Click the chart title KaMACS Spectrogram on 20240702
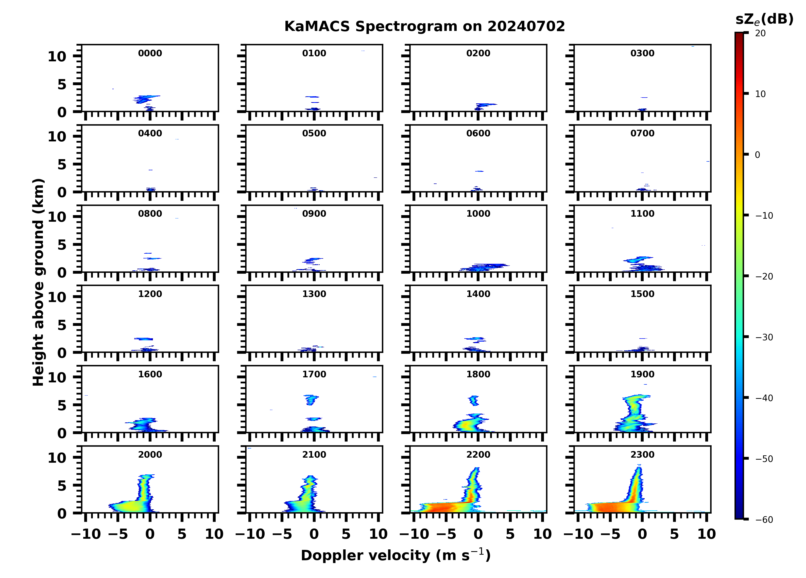(x=424, y=27)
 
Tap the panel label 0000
(x=150, y=53)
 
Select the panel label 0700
(x=642, y=134)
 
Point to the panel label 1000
(x=478, y=214)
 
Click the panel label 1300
(x=314, y=294)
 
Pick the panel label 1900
(x=642, y=374)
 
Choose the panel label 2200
(x=478, y=454)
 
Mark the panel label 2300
(x=642, y=454)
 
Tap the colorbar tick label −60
(x=764, y=520)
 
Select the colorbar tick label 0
(x=757, y=155)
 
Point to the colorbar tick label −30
(x=764, y=337)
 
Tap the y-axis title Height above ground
(x=38, y=282)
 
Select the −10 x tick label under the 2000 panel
(x=86, y=534)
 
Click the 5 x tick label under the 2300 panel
(x=674, y=534)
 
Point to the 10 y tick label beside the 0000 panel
(x=57, y=57)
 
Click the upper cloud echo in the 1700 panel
(x=311, y=399)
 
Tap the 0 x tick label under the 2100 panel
(x=314, y=534)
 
